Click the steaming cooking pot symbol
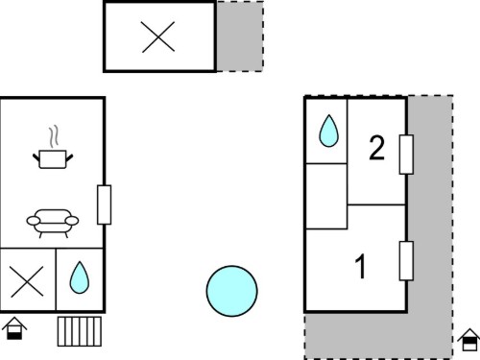(x=53, y=158)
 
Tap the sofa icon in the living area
(x=53, y=224)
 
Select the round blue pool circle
(x=232, y=291)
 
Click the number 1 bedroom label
(x=361, y=266)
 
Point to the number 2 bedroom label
(x=376, y=148)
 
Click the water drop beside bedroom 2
(x=328, y=131)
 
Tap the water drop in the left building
(x=80, y=277)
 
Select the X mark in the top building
(x=158, y=36)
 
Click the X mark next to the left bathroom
(x=27, y=281)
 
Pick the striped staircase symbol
(x=80, y=331)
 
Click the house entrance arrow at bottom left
(x=14, y=328)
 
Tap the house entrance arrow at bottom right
(x=469, y=340)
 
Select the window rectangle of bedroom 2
(x=406, y=155)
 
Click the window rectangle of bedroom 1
(x=406, y=261)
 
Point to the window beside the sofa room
(x=105, y=204)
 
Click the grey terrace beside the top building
(x=240, y=36)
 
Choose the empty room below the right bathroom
(x=326, y=196)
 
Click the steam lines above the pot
(x=54, y=136)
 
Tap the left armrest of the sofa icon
(x=34, y=221)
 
